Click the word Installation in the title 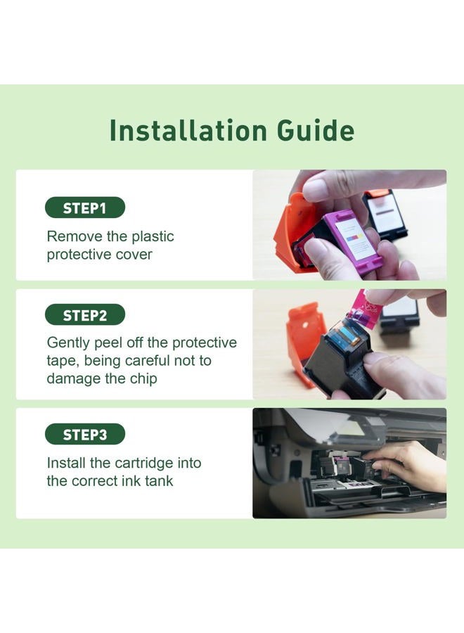coord(188,130)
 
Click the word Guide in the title coord(316,130)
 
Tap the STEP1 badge coord(85,208)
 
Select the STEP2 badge coord(85,314)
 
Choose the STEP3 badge coord(85,434)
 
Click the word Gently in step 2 coord(68,343)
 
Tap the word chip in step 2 coord(143,379)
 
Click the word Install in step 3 coord(66,463)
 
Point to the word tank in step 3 coord(159,481)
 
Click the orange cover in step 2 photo coord(304,337)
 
